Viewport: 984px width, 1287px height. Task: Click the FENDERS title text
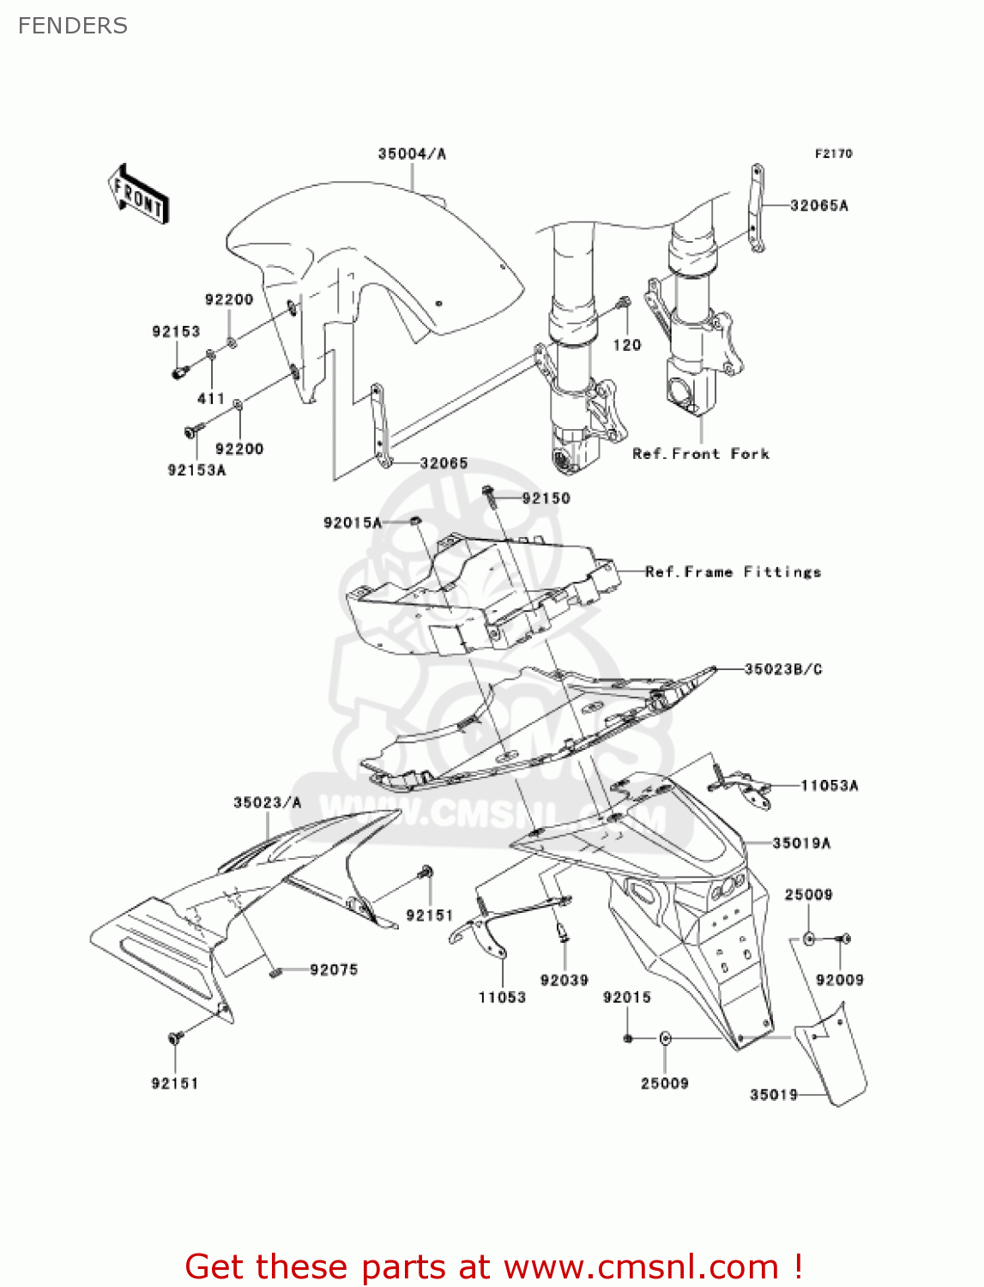click(73, 26)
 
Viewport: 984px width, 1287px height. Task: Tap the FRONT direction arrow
click(138, 195)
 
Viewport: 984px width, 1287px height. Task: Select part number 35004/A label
click(412, 154)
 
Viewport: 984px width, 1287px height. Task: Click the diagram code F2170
click(833, 154)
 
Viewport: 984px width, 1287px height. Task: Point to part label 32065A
click(818, 206)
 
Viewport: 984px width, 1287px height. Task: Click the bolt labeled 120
click(625, 303)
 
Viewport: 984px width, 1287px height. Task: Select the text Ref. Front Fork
click(700, 454)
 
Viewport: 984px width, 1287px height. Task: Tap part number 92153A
click(196, 470)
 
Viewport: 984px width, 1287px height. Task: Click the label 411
click(211, 399)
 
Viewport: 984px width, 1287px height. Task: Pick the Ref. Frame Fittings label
click(733, 572)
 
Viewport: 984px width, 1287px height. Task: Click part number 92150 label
click(546, 498)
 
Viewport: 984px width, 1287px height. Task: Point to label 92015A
click(352, 523)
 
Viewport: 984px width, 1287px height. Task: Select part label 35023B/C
click(782, 669)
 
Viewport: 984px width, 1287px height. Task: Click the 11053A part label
click(829, 786)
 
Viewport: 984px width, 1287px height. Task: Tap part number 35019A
click(801, 843)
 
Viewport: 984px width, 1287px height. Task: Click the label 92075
click(334, 970)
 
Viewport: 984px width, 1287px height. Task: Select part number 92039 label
click(564, 981)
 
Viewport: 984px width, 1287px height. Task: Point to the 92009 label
click(839, 981)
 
